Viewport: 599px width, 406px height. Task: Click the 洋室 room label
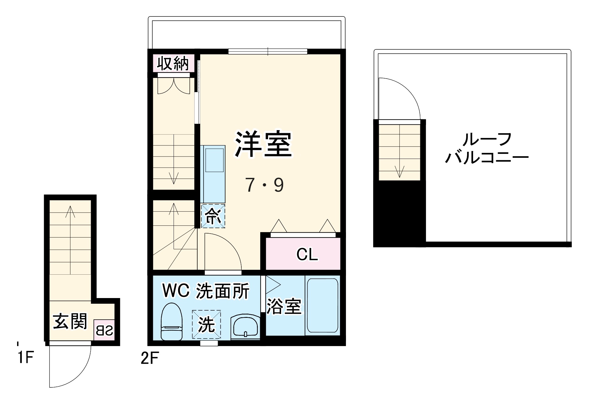(263, 144)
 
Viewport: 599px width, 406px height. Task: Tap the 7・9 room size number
(264, 185)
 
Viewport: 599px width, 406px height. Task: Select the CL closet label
(307, 255)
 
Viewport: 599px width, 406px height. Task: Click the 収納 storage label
(173, 63)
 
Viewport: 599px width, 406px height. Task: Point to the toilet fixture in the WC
(172, 322)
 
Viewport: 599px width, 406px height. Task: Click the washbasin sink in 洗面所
(246, 327)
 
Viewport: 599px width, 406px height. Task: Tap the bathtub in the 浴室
(323, 305)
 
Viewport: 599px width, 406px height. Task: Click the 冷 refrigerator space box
(213, 216)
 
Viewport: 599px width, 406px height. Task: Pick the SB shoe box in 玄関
(104, 330)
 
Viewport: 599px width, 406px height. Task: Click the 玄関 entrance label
(70, 321)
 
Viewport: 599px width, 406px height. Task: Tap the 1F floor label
(25, 357)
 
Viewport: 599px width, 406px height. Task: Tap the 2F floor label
(150, 358)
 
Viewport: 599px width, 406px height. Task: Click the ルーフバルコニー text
(487, 148)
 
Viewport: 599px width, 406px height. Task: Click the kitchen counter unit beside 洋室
(213, 174)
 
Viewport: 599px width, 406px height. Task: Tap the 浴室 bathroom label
(284, 306)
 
